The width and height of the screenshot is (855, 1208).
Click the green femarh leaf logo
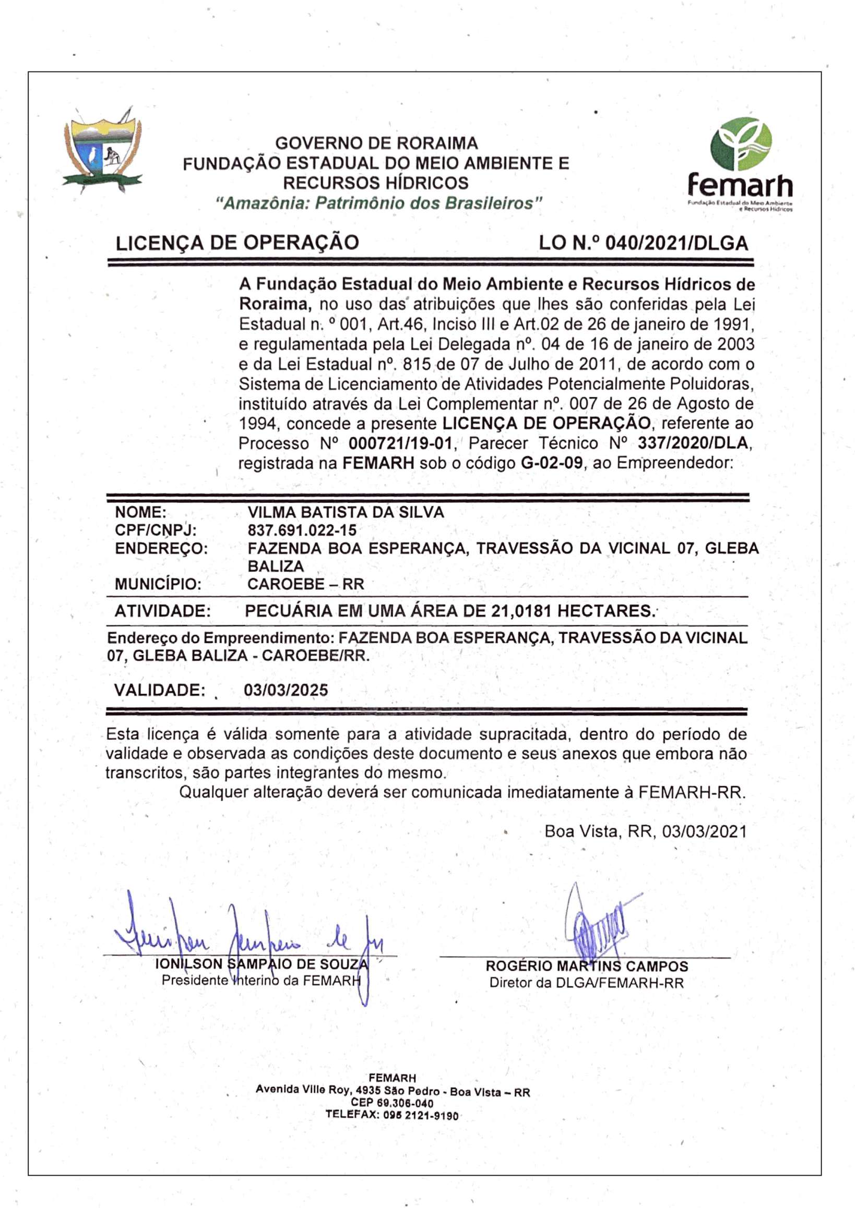pyautogui.click(x=741, y=143)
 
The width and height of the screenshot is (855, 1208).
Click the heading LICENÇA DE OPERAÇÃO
pyautogui.click(x=237, y=243)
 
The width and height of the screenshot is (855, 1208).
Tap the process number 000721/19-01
pyautogui.click(x=400, y=443)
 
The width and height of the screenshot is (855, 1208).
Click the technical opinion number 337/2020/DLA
pyautogui.click(x=692, y=443)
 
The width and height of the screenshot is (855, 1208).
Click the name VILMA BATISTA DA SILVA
pyautogui.click(x=346, y=512)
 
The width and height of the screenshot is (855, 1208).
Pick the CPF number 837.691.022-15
pyautogui.click(x=302, y=530)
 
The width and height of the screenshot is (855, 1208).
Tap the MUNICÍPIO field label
pyautogui.click(x=159, y=584)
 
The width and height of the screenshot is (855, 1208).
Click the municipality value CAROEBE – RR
pyautogui.click(x=305, y=584)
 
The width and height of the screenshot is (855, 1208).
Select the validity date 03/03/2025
pyautogui.click(x=286, y=690)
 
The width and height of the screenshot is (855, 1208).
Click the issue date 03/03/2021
pyautogui.click(x=704, y=831)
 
